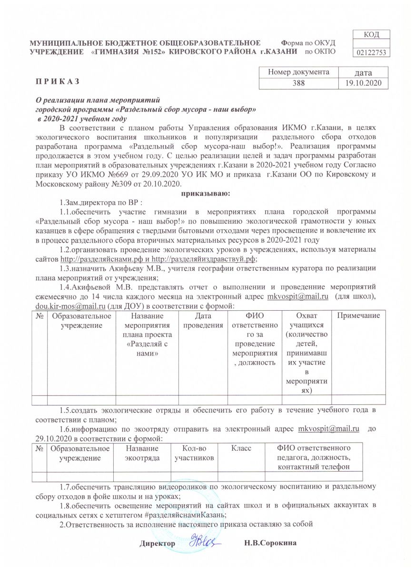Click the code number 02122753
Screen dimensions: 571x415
click(x=372, y=52)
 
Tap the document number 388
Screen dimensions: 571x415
click(x=298, y=83)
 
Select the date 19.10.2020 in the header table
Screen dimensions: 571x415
click(x=365, y=83)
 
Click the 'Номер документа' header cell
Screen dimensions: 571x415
click(x=298, y=72)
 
